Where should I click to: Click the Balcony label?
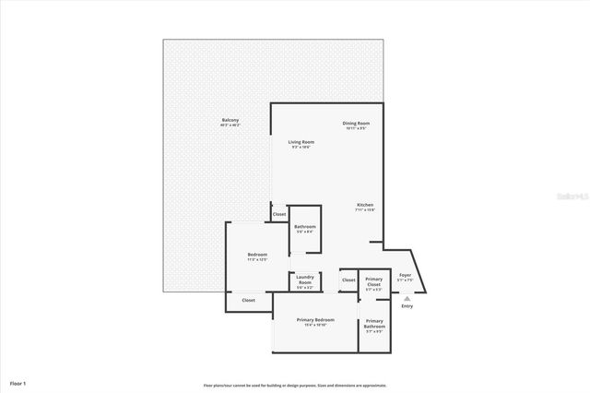[x=230, y=120]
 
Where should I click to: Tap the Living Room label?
[x=301, y=142]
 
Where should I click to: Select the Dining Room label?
[x=356, y=123]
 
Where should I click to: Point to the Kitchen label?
[x=365, y=205]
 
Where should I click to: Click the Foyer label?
[x=404, y=274]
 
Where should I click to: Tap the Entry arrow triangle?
[x=407, y=297]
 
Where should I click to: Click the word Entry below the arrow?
[x=407, y=306]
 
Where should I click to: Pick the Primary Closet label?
[x=373, y=281]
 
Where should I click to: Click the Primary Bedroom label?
[x=315, y=320]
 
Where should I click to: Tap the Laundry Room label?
[x=305, y=281]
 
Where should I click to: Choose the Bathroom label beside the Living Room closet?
[x=305, y=227]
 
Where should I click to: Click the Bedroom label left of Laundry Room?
[x=257, y=255]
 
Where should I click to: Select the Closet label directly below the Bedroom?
[x=248, y=300]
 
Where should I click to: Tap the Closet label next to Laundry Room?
[x=348, y=280]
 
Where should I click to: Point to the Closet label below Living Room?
[x=278, y=214]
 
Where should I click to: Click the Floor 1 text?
[x=18, y=381]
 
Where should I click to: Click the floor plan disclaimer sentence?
[x=295, y=385]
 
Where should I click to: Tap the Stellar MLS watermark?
[x=574, y=196]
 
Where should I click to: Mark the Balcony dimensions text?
[x=230, y=125]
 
